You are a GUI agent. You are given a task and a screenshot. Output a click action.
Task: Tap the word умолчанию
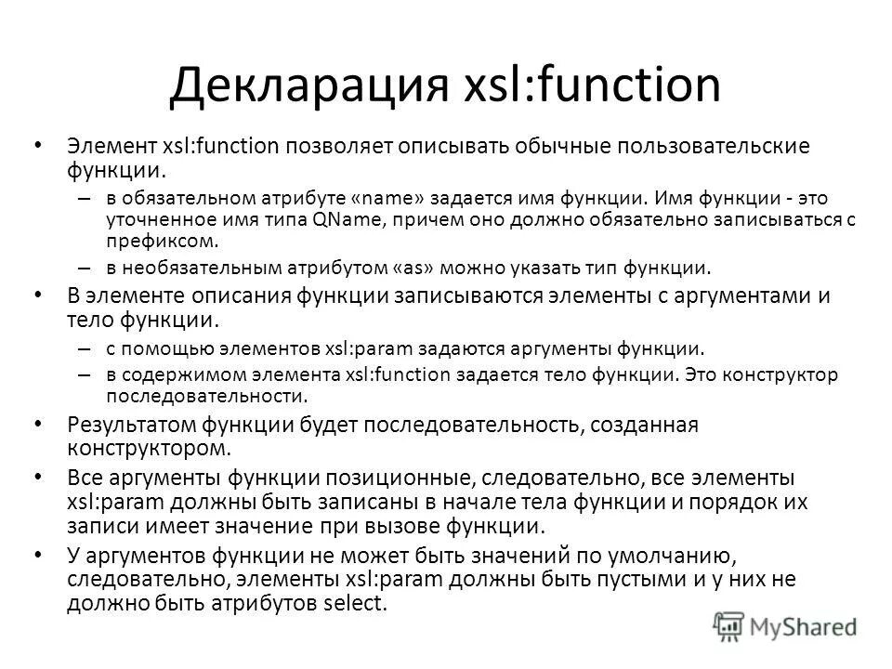point(669,556)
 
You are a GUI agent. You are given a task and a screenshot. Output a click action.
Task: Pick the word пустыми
point(591,579)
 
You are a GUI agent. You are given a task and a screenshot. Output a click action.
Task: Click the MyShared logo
point(788,624)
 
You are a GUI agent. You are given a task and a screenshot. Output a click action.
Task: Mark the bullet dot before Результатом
point(36,424)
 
